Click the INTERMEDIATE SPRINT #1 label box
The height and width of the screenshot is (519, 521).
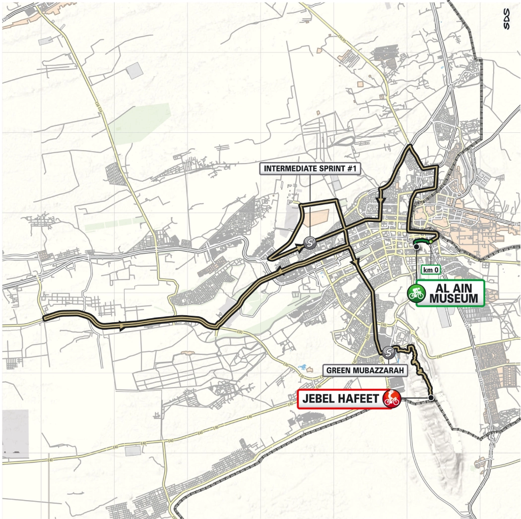311,169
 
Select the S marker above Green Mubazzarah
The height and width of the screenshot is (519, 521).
389,352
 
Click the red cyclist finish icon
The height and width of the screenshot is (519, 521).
392,398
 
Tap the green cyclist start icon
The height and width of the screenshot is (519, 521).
416,292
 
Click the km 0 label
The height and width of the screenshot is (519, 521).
430,270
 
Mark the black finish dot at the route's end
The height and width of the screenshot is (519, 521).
431,398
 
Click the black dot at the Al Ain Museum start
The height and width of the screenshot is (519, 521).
416,246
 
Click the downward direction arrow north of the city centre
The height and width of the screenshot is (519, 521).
380,200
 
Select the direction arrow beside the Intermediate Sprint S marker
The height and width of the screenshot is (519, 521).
301,249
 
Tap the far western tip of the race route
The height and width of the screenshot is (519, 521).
44,317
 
